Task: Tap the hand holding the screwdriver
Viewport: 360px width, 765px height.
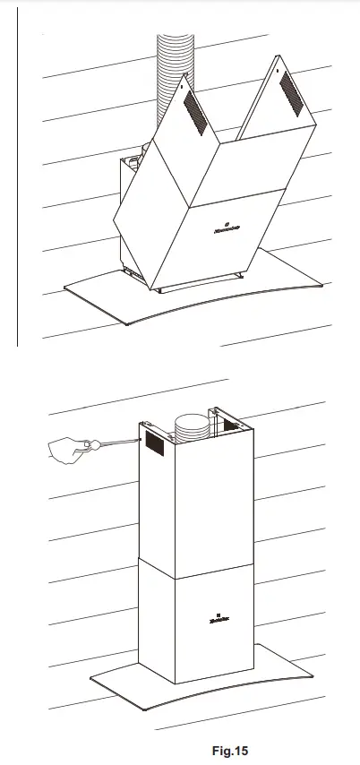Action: tap(68, 449)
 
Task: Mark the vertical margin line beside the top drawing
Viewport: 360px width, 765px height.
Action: tap(17, 179)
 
